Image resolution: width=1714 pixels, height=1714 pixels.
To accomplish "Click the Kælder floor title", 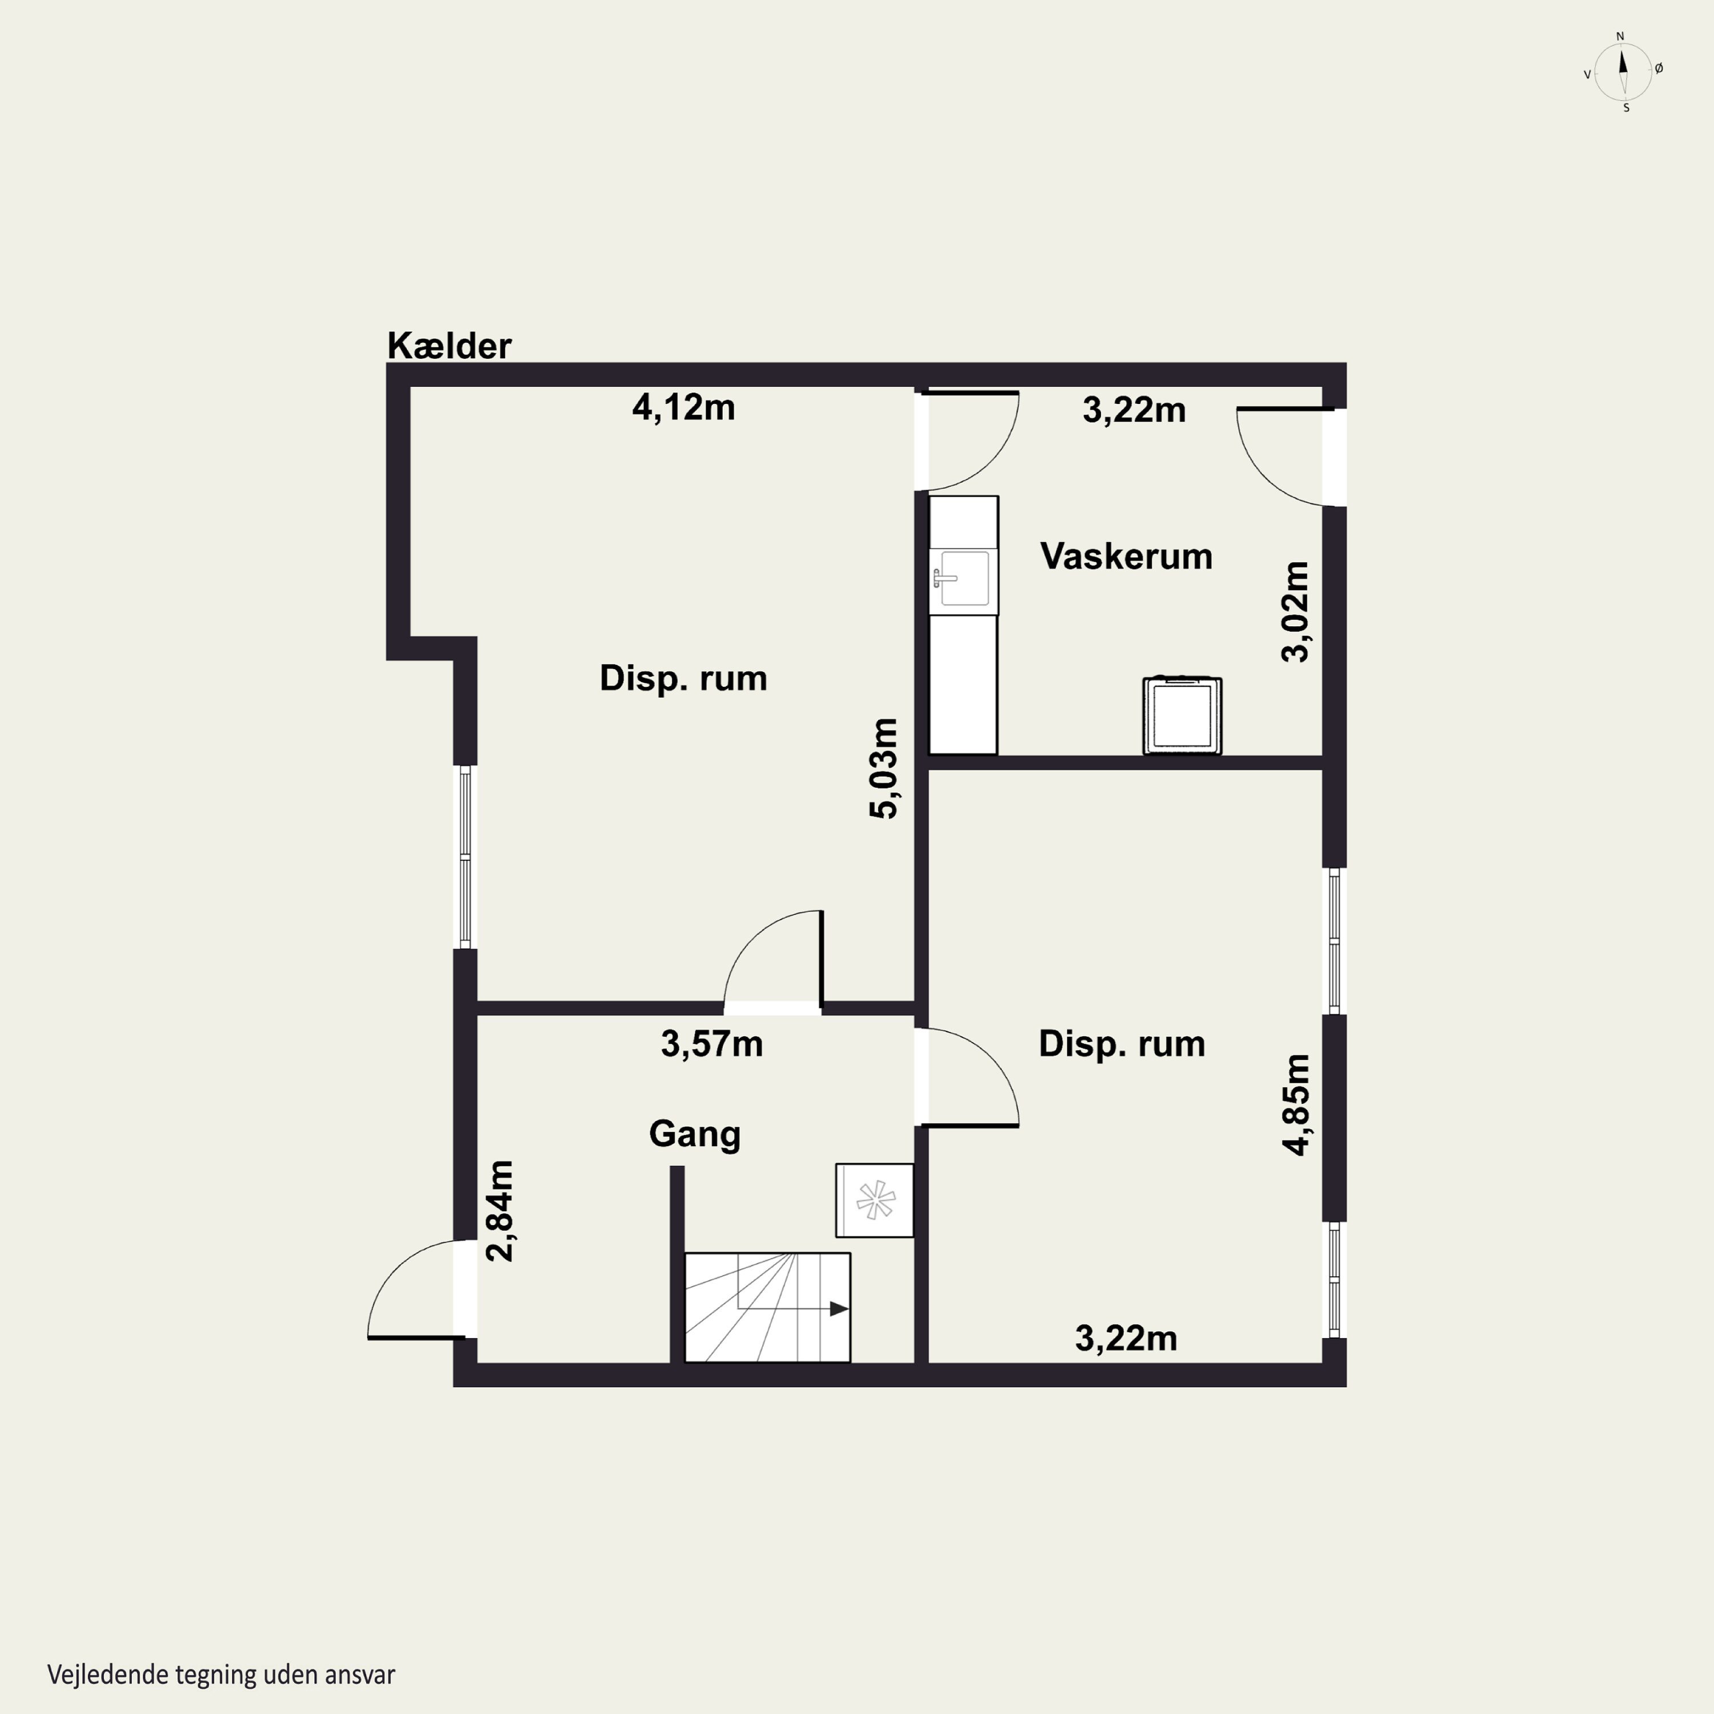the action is tap(449, 346).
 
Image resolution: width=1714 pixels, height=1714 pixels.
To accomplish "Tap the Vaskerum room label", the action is tap(1126, 556).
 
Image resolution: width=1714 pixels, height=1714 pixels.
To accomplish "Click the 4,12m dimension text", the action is tap(683, 407).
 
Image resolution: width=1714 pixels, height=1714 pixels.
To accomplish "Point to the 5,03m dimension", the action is tap(884, 768).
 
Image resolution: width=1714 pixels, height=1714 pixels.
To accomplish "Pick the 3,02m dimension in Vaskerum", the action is tap(1295, 611).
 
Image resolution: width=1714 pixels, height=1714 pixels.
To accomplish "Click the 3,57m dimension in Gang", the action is tap(711, 1044).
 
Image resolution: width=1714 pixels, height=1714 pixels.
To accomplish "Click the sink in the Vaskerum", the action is tap(963, 578).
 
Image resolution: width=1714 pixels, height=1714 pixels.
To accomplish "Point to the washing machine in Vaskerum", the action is tap(1182, 716).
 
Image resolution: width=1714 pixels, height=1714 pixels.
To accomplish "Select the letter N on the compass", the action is tap(1620, 37).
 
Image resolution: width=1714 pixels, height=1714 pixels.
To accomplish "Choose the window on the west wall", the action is tap(466, 857).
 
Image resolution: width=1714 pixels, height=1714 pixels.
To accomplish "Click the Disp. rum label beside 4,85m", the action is tap(1122, 1044).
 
